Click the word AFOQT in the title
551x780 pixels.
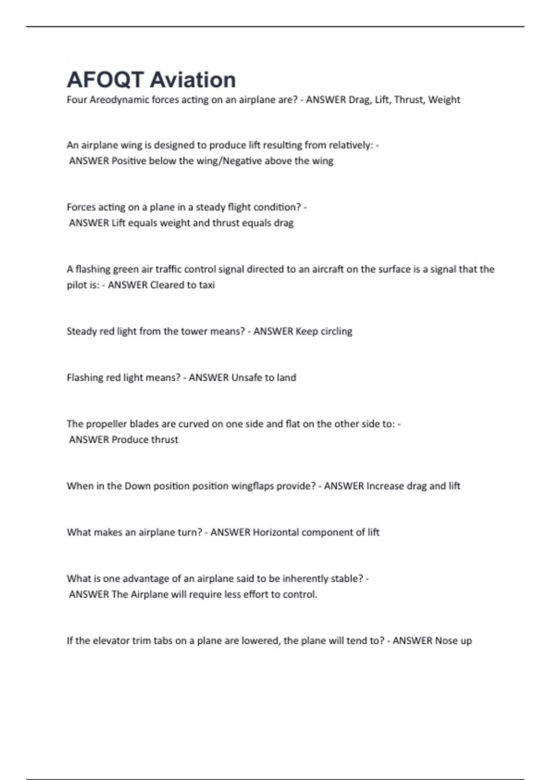105,80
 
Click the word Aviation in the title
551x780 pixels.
193,80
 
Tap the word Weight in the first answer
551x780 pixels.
444,100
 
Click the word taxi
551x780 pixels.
207,285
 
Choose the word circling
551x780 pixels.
337,331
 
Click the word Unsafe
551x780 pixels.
247,378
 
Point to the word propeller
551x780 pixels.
105,424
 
